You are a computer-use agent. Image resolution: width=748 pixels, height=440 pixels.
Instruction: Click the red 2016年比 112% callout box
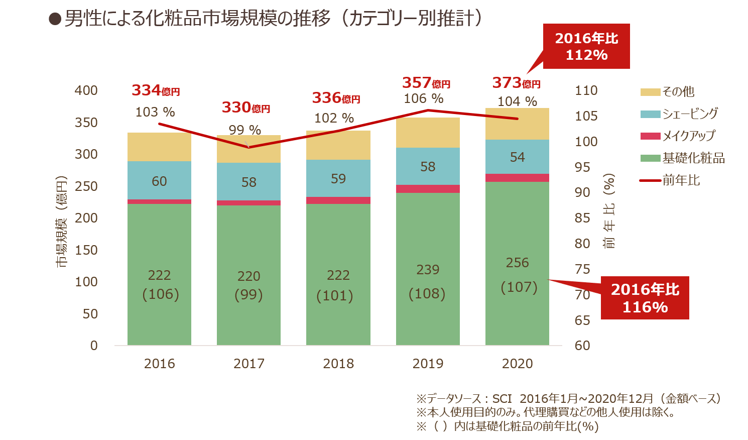coord(586,46)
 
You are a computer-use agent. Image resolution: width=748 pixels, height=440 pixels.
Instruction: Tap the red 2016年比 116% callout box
coord(645,298)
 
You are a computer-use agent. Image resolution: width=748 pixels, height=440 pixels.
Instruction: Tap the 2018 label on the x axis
coord(338,364)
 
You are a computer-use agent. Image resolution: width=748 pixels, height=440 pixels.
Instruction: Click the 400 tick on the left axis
coord(86,90)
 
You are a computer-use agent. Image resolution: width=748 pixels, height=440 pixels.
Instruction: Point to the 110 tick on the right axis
coord(586,90)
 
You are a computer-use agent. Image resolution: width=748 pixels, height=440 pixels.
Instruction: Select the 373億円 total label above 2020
coord(516,83)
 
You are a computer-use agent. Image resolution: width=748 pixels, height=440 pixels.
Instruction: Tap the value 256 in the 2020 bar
coord(517,263)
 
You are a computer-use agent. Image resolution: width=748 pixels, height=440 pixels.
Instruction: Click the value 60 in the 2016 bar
coord(159,181)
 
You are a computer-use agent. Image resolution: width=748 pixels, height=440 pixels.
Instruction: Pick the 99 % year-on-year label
coord(244,130)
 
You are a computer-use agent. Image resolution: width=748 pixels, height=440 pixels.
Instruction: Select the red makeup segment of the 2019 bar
coord(428,189)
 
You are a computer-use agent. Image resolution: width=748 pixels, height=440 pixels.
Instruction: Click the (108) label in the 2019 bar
coord(427,293)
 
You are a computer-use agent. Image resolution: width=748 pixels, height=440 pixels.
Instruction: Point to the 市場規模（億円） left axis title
coord(61,221)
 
